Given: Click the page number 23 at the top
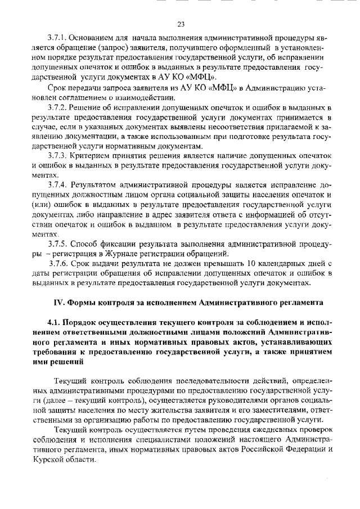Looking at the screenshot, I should (181, 24).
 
